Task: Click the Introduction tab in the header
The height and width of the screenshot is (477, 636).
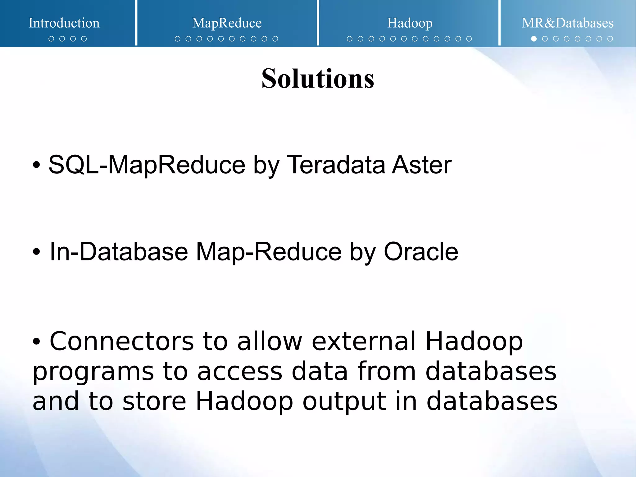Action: pyautogui.click(x=64, y=23)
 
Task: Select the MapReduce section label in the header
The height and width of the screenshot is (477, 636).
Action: pyautogui.click(x=227, y=23)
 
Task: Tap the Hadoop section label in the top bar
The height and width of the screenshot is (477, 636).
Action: pyautogui.click(x=410, y=23)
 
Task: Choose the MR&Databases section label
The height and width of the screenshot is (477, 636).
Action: pyautogui.click(x=567, y=23)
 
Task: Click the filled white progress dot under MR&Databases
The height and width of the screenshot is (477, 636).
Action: pyautogui.click(x=534, y=39)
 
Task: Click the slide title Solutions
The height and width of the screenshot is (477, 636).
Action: pyautogui.click(x=318, y=79)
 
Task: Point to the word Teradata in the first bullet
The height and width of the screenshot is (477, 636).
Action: pyautogui.click(x=336, y=165)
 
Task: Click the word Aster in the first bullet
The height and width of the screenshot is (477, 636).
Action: pyautogui.click(x=421, y=165)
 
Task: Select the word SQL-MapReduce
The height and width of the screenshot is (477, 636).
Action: pyautogui.click(x=147, y=165)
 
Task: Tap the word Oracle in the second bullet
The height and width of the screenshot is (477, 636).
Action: pyautogui.click(x=421, y=251)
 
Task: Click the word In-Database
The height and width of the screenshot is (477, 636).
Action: pyautogui.click(x=119, y=251)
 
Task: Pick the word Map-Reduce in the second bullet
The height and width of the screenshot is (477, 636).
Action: pyautogui.click(x=269, y=251)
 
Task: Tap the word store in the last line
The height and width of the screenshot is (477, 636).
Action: pyautogui.click(x=154, y=401)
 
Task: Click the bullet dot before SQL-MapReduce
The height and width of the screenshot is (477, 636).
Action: pyautogui.click(x=36, y=165)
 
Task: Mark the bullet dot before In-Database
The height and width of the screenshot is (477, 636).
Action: pyautogui.click(x=36, y=252)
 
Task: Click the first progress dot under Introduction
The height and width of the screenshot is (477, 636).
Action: pyautogui.click(x=51, y=39)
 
